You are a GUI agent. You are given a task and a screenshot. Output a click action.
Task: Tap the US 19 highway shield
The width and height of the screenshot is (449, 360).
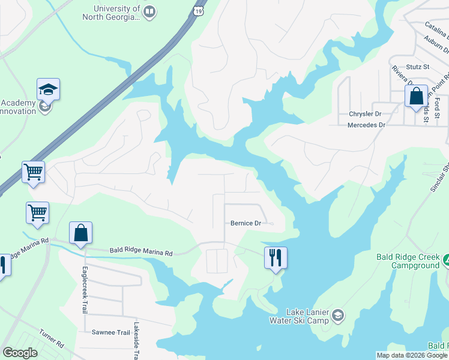(198, 10)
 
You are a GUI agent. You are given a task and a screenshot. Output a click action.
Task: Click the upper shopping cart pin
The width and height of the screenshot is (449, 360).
(34, 173)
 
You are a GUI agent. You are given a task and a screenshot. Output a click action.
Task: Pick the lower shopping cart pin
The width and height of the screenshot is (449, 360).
(37, 214)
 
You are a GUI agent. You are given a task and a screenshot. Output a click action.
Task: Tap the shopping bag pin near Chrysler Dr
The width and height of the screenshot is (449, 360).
(415, 97)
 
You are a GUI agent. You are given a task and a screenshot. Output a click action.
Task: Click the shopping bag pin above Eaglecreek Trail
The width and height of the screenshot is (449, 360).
(80, 233)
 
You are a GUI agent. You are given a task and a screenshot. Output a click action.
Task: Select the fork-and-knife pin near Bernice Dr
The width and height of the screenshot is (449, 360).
(276, 258)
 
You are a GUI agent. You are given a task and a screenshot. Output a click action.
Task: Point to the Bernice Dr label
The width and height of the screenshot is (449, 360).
(246, 223)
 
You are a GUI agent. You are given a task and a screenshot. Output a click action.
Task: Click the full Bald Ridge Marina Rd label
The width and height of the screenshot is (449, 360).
(140, 253)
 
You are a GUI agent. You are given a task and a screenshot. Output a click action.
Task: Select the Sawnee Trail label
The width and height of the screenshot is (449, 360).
(111, 332)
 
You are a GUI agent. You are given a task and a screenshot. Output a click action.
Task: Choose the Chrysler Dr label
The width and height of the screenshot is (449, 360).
(366, 113)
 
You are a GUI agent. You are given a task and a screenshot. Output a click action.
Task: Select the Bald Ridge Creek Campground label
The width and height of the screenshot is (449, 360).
(408, 261)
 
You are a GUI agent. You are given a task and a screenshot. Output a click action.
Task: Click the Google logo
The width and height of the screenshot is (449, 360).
(20, 353)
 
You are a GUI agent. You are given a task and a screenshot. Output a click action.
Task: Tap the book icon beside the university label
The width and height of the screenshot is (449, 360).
(150, 11)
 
